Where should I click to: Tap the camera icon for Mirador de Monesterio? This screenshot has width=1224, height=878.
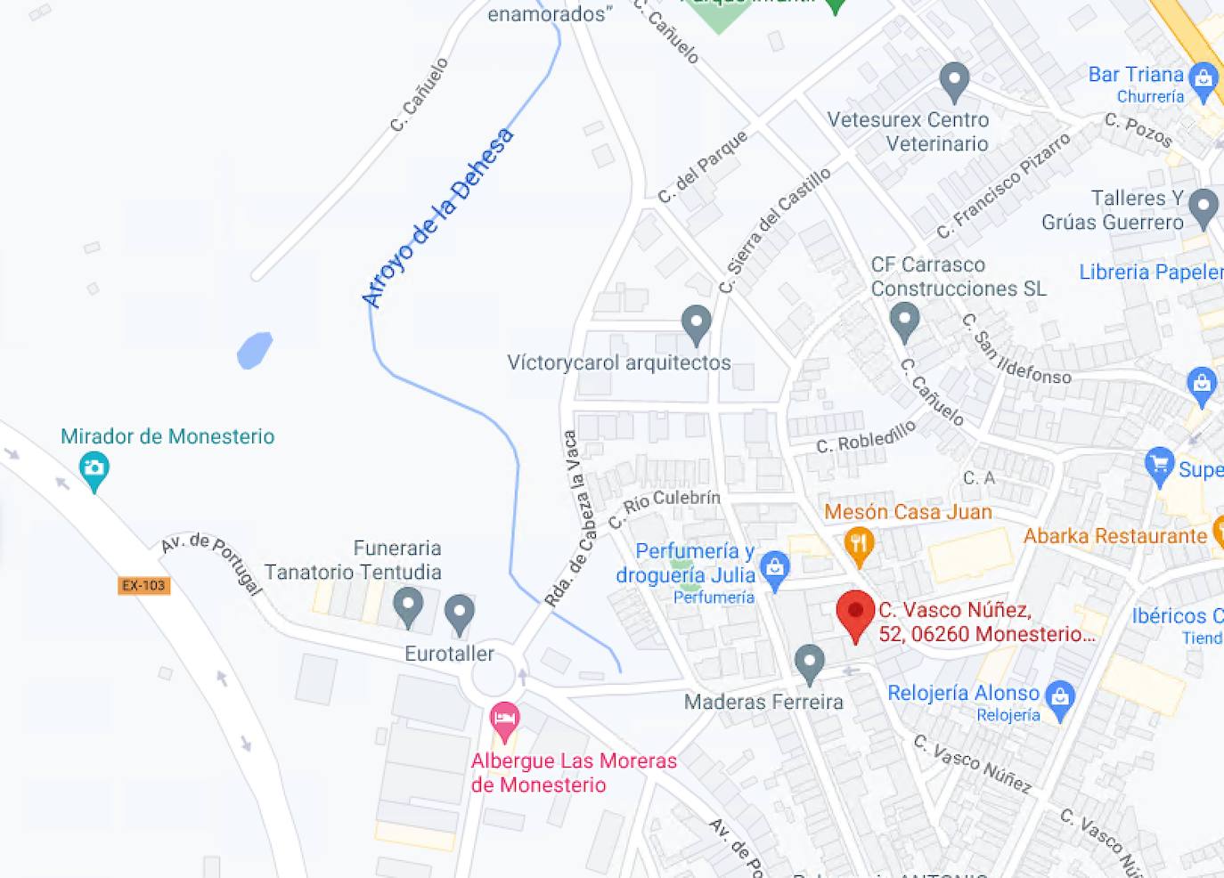pos(94,467)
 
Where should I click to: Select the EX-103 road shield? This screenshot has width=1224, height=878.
pos(143,585)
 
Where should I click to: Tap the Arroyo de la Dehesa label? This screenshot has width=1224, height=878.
pos(438,217)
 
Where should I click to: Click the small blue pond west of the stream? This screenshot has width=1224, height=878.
pos(255,350)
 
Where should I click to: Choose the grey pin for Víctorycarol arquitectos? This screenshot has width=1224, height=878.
pos(696,322)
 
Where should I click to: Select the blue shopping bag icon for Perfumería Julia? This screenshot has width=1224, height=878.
pos(775,567)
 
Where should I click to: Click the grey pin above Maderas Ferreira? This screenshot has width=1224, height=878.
pos(809,662)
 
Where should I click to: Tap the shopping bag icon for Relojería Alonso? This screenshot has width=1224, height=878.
pos(1060,695)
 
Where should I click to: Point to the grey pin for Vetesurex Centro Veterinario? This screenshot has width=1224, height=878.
pos(954,80)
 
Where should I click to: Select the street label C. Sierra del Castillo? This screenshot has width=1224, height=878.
pos(775,230)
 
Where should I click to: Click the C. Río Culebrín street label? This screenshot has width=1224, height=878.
pos(664,507)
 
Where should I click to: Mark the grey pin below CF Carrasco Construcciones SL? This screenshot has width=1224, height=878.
pos(904,319)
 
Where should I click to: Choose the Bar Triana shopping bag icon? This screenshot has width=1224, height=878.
pos(1204,78)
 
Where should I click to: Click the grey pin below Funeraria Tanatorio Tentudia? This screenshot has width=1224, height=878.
pos(408,606)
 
